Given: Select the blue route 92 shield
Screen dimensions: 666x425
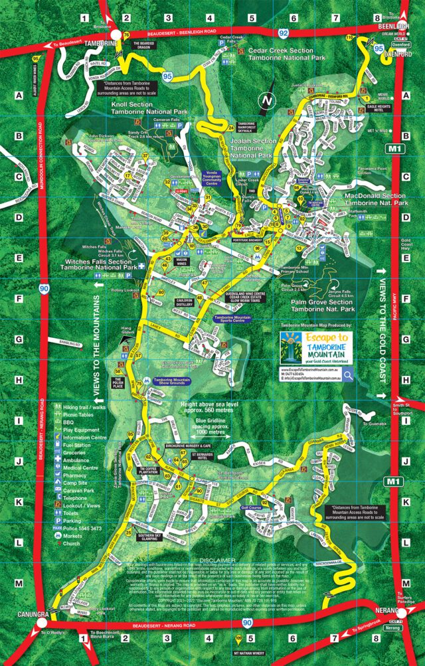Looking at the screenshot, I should click(x=284, y=31).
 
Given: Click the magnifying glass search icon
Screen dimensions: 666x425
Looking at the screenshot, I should click(x=347, y=376).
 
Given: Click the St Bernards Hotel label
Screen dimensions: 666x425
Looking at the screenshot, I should click(x=203, y=457).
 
